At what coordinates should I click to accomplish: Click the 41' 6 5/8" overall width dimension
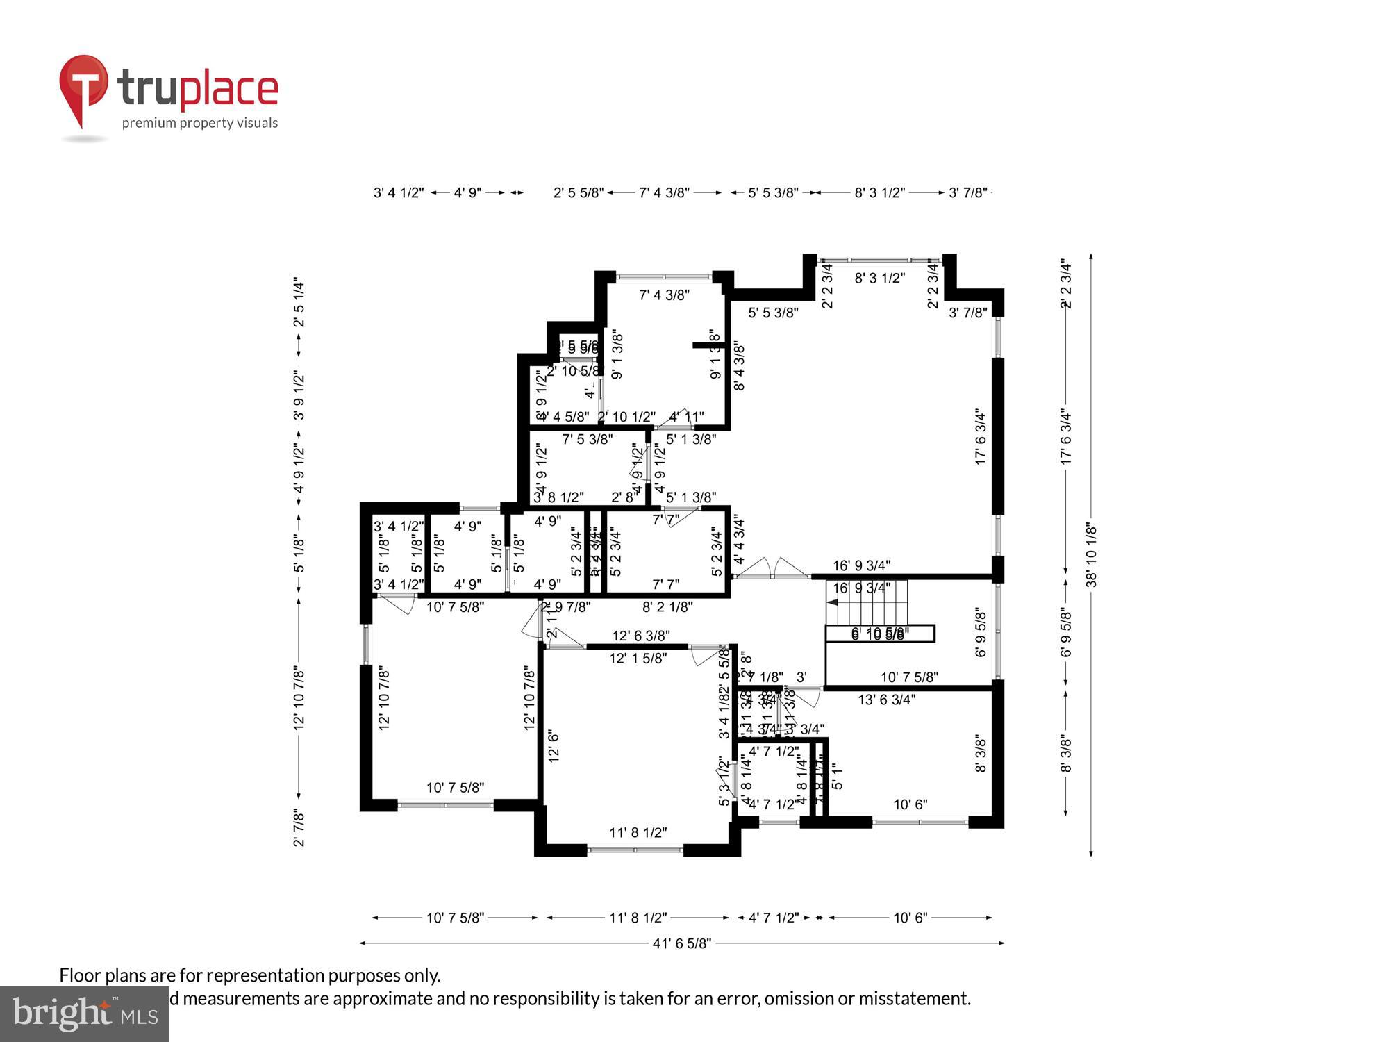681,943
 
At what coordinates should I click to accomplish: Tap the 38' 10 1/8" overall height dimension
1091,555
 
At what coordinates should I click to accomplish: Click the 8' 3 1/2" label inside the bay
879,279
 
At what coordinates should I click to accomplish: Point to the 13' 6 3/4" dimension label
886,700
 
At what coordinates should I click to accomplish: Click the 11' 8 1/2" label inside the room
638,832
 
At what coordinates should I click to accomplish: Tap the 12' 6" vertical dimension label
554,746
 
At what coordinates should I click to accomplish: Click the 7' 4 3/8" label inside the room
664,295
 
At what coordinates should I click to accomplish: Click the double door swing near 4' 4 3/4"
772,568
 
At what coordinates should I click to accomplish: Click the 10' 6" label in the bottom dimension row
910,918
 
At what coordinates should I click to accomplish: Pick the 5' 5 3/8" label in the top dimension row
772,192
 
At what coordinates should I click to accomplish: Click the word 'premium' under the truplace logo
146,124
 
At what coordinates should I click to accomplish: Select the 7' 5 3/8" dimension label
587,439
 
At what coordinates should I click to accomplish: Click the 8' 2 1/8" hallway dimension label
667,607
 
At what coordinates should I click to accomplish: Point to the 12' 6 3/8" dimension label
640,636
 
